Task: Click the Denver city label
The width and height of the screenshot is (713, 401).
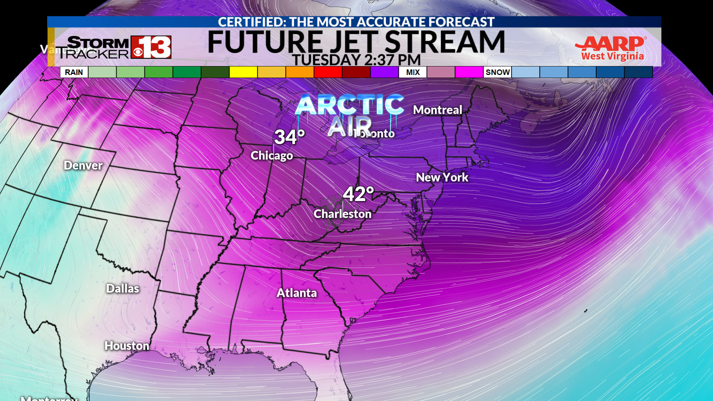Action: click(83, 165)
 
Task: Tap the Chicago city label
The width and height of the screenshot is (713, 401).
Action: click(271, 155)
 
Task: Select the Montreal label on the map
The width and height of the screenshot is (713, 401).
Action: click(437, 110)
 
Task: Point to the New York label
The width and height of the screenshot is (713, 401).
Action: click(442, 177)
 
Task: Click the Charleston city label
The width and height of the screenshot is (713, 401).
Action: click(342, 214)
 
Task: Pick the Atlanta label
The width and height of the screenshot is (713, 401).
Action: click(297, 293)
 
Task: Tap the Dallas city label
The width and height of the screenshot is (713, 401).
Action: click(123, 288)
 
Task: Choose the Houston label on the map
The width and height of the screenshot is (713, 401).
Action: click(127, 346)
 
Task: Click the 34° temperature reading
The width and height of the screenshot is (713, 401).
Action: click(290, 137)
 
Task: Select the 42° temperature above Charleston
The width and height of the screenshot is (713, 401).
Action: click(358, 194)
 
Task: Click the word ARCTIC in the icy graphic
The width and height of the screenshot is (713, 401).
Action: click(349, 105)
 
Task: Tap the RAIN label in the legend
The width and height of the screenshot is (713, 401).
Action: click(74, 72)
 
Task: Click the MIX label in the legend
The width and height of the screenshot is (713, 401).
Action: click(413, 72)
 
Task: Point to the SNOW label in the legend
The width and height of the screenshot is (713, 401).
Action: click(498, 72)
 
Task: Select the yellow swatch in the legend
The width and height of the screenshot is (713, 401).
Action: click(243, 72)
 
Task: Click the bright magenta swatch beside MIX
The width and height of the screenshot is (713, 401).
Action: click(469, 72)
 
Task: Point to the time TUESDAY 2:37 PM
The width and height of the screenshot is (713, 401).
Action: click(356, 60)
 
